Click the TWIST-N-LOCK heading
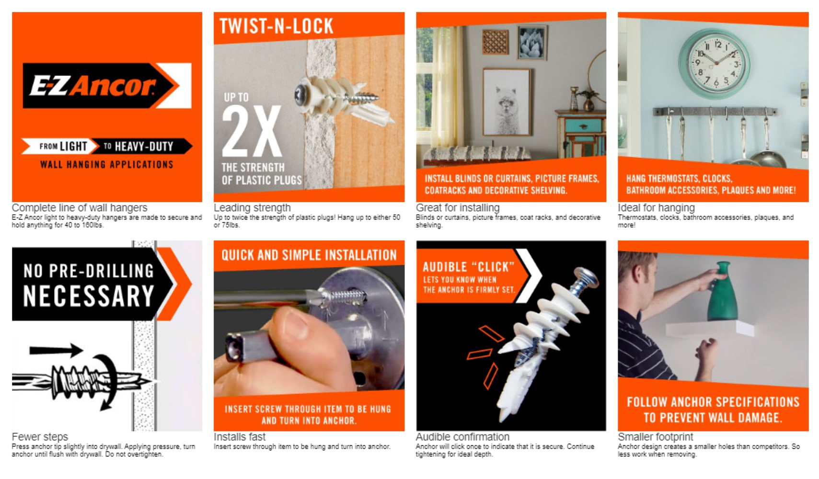(x=276, y=26)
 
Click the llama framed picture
(x=507, y=102)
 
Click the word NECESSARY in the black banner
(x=89, y=296)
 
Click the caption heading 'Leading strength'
(x=252, y=208)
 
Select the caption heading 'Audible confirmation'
(x=462, y=437)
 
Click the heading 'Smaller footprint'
(x=655, y=437)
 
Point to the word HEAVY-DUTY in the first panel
(x=144, y=147)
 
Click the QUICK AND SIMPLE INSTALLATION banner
(x=309, y=255)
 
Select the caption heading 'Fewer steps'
(x=40, y=437)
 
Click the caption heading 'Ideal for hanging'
(x=656, y=208)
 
